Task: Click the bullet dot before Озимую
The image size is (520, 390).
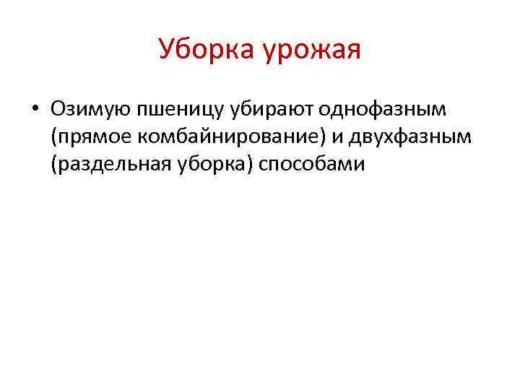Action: [34, 110]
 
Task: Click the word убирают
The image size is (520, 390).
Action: [269, 110]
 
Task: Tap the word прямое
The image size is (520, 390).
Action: [90, 137]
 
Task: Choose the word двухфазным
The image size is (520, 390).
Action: [409, 137]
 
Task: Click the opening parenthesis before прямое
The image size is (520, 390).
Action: [54, 137]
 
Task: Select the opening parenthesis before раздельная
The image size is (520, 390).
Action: [54, 165]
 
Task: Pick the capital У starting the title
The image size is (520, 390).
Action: [167, 50]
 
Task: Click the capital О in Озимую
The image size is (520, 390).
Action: [58, 109]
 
